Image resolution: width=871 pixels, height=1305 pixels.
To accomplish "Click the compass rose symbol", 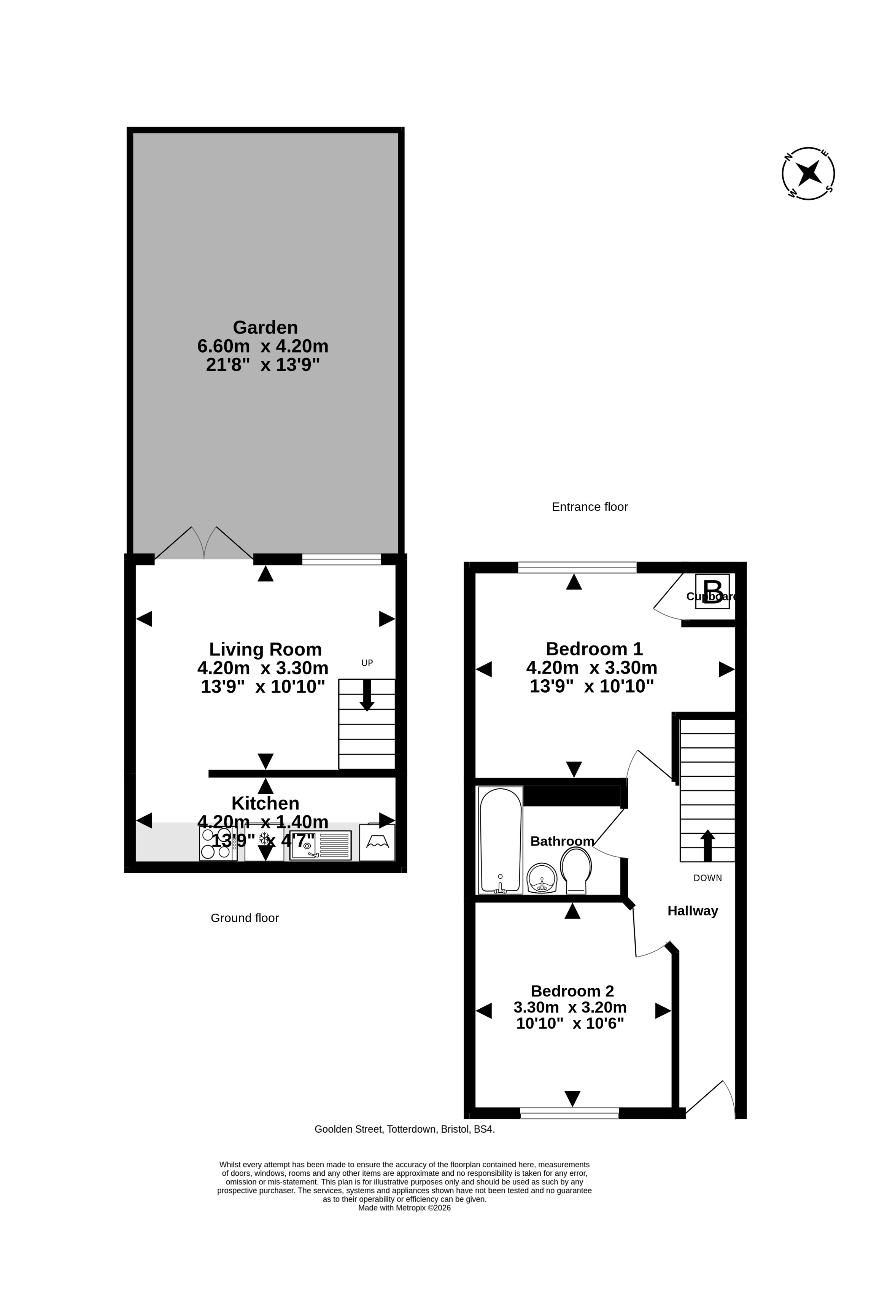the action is pyautogui.click(x=808, y=173).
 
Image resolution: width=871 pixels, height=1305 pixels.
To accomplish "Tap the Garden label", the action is pyautogui.click(x=265, y=327).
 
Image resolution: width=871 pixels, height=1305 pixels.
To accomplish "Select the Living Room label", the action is pyautogui.click(x=265, y=649).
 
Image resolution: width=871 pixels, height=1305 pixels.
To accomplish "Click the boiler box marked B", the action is pyautogui.click(x=712, y=591).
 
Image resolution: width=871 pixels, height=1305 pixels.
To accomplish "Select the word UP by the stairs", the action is pyautogui.click(x=367, y=663).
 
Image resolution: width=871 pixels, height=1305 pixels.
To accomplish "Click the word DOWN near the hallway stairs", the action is pyautogui.click(x=708, y=878).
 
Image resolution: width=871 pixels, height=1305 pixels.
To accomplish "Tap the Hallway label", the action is pyautogui.click(x=693, y=911).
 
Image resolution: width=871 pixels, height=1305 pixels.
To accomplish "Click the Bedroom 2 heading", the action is pyautogui.click(x=572, y=991).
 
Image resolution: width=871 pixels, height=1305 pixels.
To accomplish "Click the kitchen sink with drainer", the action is pyautogui.click(x=321, y=845).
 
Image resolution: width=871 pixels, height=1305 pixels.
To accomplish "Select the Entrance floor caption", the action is pyautogui.click(x=590, y=507).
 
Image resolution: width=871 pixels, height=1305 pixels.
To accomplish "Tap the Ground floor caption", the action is pyautogui.click(x=245, y=918).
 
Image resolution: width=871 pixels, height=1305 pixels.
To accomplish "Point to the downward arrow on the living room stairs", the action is pyautogui.click(x=367, y=695).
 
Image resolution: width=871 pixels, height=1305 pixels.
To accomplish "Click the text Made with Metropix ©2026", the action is pyautogui.click(x=404, y=1208).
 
